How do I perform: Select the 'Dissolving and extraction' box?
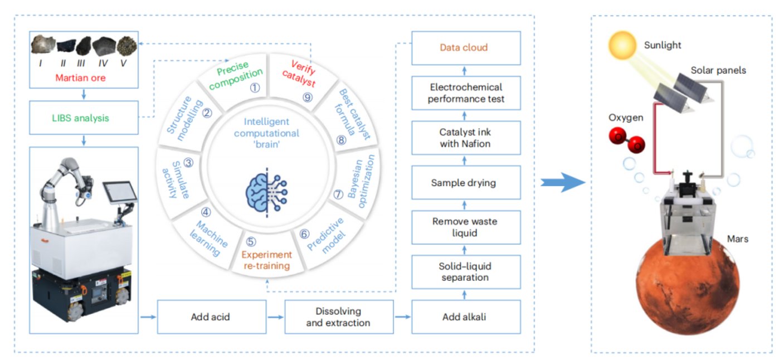tap(339, 317)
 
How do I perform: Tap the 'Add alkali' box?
tap(465, 317)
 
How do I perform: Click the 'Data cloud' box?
tap(465, 48)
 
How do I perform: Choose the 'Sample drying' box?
tap(465, 182)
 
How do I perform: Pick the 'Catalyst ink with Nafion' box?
tap(465, 138)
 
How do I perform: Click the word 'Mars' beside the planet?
tap(738, 239)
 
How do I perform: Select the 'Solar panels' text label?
tap(718, 71)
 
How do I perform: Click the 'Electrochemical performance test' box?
tap(465, 93)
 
